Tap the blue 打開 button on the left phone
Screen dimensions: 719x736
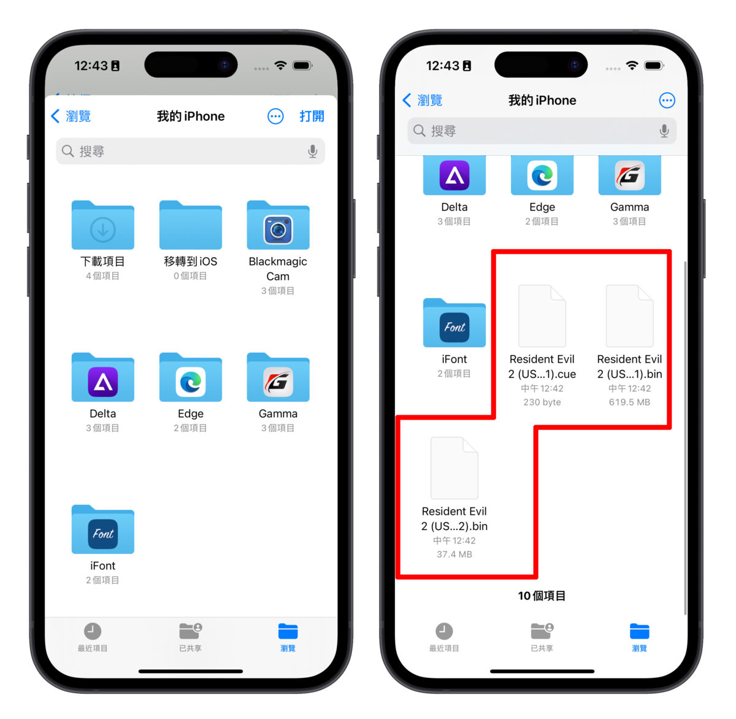click(x=312, y=117)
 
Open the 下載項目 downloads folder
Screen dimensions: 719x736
click(x=103, y=226)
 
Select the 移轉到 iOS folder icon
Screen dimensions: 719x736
click(x=190, y=226)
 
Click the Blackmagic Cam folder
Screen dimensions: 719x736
click(x=278, y=226)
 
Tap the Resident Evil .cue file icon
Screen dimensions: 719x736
click(x=542, y=316)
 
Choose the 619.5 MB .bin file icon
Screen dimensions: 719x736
click(x=629, y=316)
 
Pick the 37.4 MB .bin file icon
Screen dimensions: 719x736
click(x=454, y=468)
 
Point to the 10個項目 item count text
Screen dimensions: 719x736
click(x=542, y=596)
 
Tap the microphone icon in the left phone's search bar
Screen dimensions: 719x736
click(x=313, y=152)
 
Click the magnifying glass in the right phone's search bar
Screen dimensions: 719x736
click(x=420, y=131)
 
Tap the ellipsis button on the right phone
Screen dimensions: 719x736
click(x=667, y=101)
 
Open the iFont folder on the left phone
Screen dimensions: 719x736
click(x=103, y=530)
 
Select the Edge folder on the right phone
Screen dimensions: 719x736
click(x=542, y=175)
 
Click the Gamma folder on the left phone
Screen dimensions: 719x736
click(x=278, y=378)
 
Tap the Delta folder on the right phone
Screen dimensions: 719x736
click(x=454, y=175)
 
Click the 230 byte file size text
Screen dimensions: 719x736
click(x=542, y=402)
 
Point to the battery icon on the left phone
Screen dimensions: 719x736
click(x=302, y=66)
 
